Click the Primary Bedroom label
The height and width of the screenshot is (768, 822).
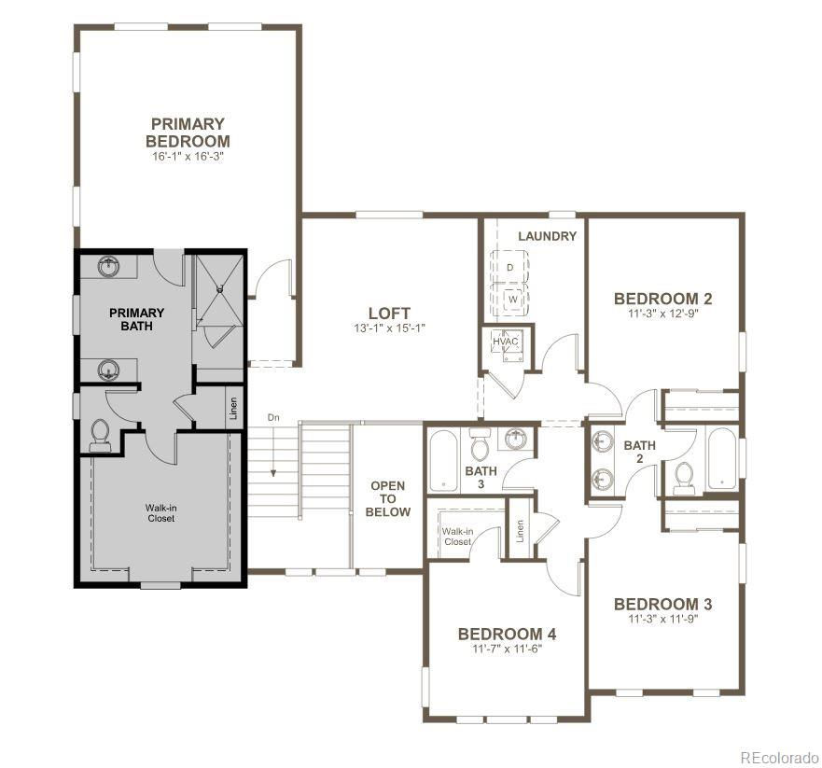[188, 133]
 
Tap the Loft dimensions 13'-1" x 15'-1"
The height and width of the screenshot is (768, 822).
[389, 328]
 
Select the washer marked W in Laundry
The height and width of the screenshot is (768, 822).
[513, 300]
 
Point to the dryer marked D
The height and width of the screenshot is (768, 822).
[509, 268]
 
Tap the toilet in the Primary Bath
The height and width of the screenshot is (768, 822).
[101, 436]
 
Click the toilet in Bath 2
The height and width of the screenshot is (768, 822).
[683, 479]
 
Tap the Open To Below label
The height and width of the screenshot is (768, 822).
[388, 498]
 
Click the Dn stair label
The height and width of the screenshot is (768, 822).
[273, 418]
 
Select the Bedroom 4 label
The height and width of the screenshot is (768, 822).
[507, 634]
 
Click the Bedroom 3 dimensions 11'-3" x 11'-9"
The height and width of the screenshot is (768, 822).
[663, 619]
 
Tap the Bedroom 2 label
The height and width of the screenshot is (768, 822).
[663, 299]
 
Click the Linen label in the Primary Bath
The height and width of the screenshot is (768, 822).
[234, 409]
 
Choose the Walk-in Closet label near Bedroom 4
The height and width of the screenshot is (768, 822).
[457, 537]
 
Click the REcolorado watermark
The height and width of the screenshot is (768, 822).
[779, 758]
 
